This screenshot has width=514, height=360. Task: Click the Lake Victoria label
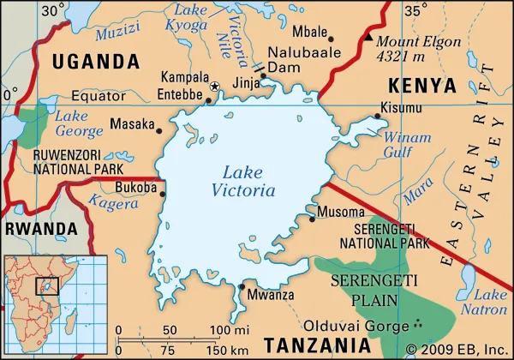click(248, 181)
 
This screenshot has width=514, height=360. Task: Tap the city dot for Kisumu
click(377, 116)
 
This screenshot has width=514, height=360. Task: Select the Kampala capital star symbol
click(215, 87)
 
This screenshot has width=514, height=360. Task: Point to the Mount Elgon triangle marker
click(368, 39)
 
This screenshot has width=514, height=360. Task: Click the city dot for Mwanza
click(242, 287)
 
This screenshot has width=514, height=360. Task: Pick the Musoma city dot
click(312, 219)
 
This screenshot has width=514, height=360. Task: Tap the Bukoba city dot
click(163, 193)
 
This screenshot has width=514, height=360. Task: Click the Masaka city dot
click(158, 130)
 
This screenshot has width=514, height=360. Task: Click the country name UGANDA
click(95, 62)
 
